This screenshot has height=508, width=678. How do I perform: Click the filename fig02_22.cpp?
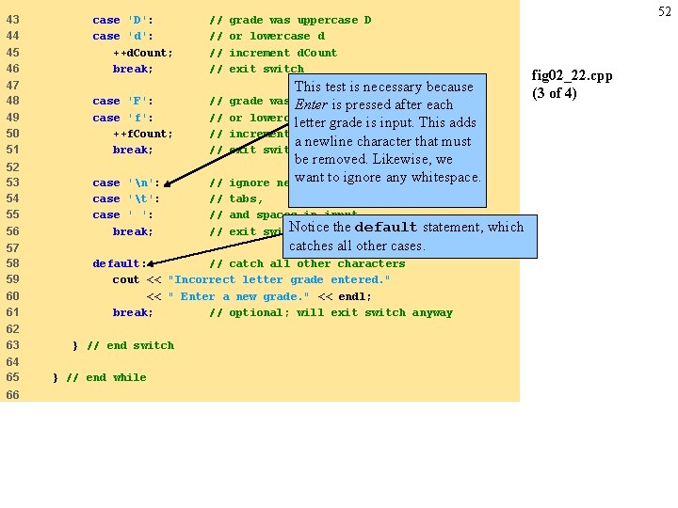pyautogui.click(x=573, y=75)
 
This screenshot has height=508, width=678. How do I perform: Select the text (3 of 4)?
pyautogui.click(x=555, y=93)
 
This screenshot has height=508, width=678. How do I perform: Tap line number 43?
pyautogui.click(x=12, y=20)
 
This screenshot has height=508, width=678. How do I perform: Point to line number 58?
pyautogui.click(x=12, y=263)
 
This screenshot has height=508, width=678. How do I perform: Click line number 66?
pyautogui.click(x=12, y=394)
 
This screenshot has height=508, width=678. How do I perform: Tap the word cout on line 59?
pyautogui.click(x=125, y=279)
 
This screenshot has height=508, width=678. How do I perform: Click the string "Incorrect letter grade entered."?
pyautogui.click(x=279, y=279)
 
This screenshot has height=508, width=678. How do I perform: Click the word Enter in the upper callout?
pyautogui.click(x=311, y=104)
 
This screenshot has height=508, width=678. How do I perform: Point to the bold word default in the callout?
pyautogui.click(x=385, y=227)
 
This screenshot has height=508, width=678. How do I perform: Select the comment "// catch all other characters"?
pyautogui.click(x=307, y=263)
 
